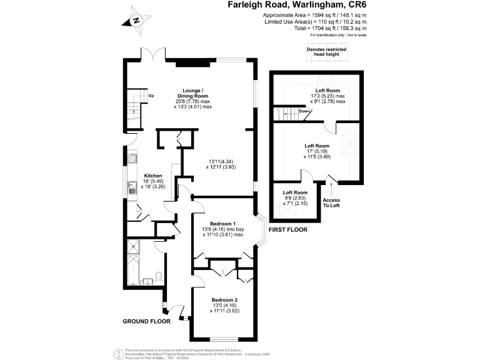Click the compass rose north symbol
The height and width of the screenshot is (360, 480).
[136, 21]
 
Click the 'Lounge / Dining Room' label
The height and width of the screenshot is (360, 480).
[192, 92]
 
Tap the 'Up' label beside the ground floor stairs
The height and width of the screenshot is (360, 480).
[151, 96]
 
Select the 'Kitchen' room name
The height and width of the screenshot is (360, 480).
[153, 176]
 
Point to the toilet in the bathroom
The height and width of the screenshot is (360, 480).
[158, 277]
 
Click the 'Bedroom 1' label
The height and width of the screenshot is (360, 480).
[222, 224]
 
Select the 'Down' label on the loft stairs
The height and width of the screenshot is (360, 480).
[304, 111]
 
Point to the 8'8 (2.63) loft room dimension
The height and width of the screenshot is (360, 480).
[295, 198]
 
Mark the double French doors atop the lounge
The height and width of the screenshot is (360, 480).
[153, 54]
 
